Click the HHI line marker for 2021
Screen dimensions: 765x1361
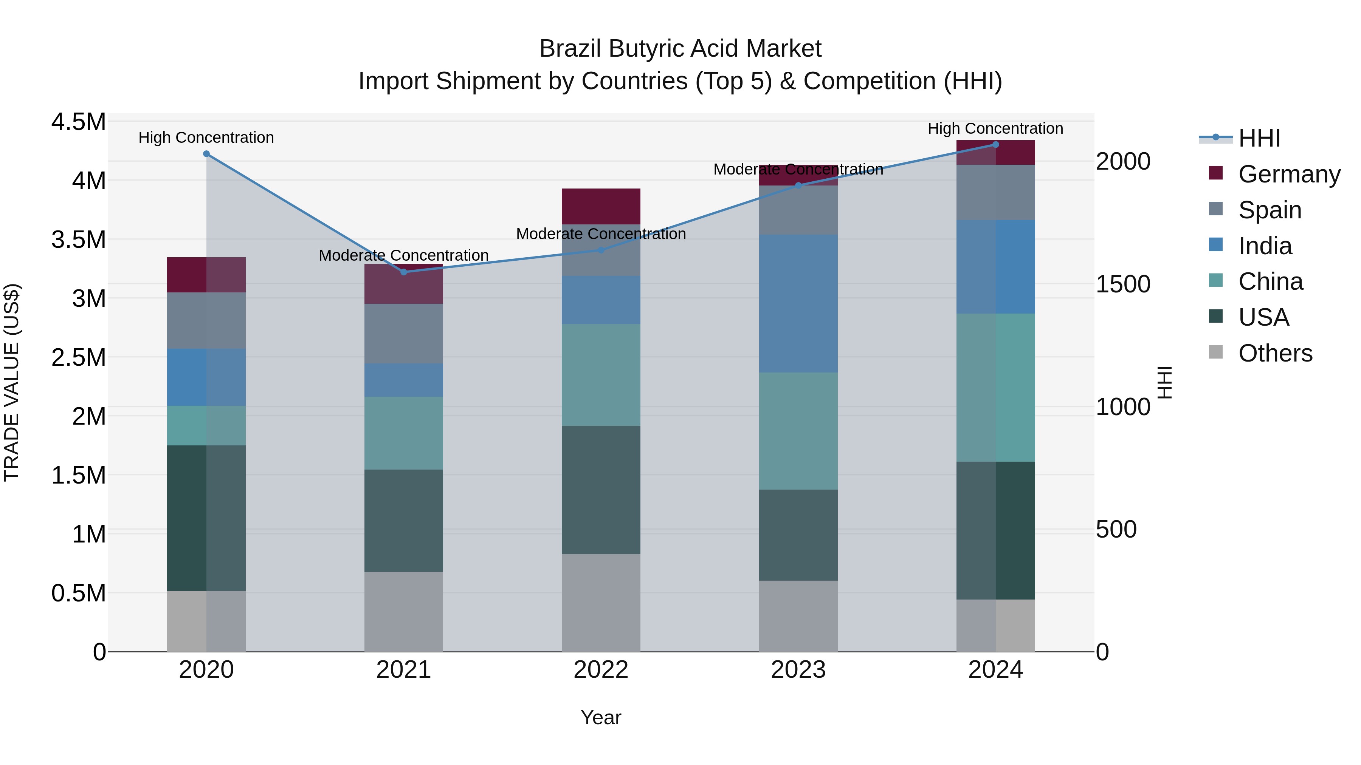(x=404, y=272)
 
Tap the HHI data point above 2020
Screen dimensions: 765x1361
(x=206, y=154)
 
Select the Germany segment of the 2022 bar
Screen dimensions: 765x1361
(x=601, y=206)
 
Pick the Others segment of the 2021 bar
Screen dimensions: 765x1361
(x=404, y=611)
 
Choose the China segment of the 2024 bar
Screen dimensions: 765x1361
(x=995, y=388)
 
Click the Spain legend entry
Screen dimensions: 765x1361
(x=1270, y=210)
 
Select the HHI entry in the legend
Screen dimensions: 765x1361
(x=1259, y=138)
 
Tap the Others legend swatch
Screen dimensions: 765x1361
(x=1216, y=352)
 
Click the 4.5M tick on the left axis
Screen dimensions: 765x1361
(x=79, y=122)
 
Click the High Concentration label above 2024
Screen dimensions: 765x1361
(x=995, y=128)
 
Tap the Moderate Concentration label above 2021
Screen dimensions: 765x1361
(x=404, y=255)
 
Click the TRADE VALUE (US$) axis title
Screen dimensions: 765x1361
(x=12, y=382)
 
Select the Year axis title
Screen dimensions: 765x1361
(x=601, y=717)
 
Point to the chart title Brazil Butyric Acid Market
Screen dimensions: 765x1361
(x=680, y=49)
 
